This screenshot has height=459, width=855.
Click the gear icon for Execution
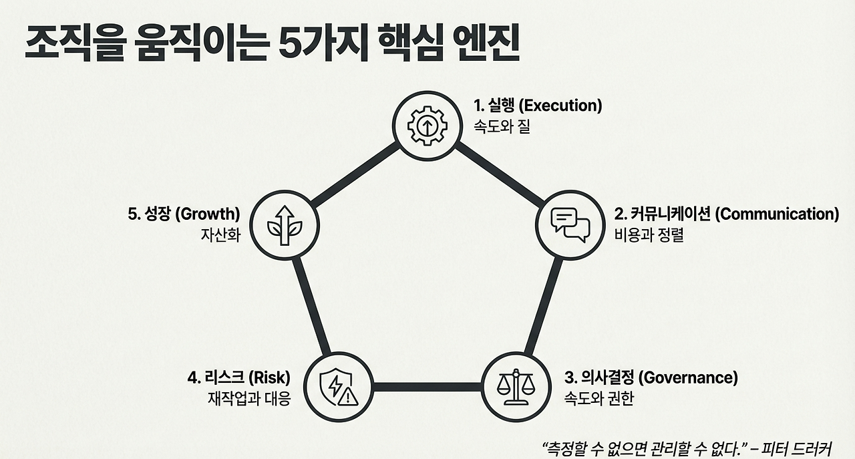pyautogui.click(x=427, y=125)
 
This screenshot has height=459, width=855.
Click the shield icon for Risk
pyautogui.click(x=339, y=387)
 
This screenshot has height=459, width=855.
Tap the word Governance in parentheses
pyautogui.click(x=689, y=377)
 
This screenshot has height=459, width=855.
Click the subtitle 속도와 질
pyautogui.click(x=502, y=126)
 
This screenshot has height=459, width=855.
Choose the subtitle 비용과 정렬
pyautogui.click(x=649, y=235)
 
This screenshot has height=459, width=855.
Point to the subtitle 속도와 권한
pyautogui.click(x=598, y=399)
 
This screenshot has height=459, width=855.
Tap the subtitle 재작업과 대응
pyautogui.click(x=249, y=399)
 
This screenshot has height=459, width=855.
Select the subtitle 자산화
pyautogui.click(x=220, y=235)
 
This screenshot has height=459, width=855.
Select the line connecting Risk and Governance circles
pyautogui.click(x=427, y=387)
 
